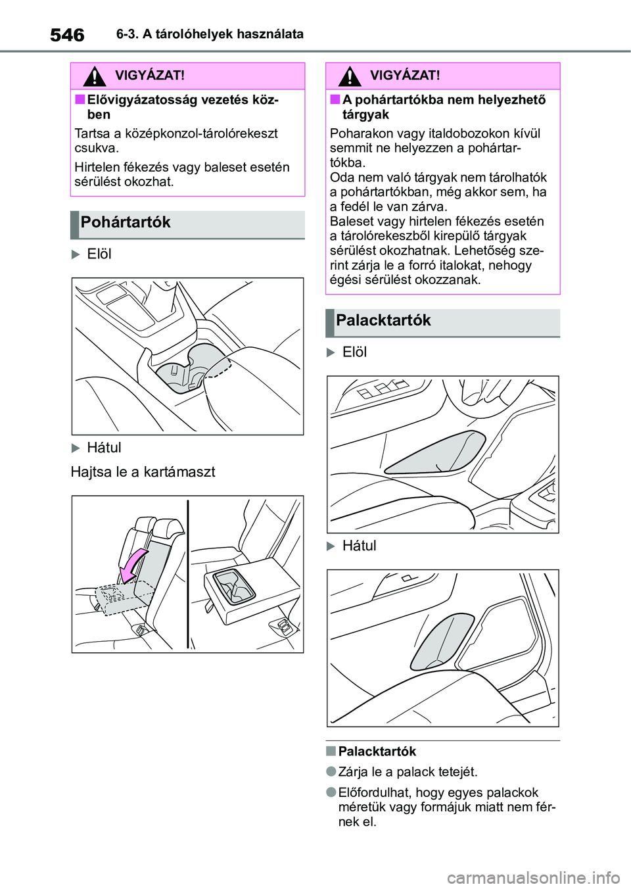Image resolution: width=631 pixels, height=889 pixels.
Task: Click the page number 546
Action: (67, 35)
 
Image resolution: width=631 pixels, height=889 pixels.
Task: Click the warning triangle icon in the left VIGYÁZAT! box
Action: (95, 77)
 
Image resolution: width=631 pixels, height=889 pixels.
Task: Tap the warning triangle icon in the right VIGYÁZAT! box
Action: (350, 77)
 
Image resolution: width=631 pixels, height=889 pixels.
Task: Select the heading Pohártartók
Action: (126, 222)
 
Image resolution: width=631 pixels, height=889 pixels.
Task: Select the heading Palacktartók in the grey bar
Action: (383, 320)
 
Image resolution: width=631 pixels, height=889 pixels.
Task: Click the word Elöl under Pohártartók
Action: (99, 254)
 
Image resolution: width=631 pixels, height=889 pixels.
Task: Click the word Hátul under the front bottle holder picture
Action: (359, 546)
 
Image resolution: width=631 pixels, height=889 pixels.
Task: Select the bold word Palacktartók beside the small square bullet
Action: (377, 752)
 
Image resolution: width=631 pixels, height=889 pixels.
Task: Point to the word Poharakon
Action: (358, 133)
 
